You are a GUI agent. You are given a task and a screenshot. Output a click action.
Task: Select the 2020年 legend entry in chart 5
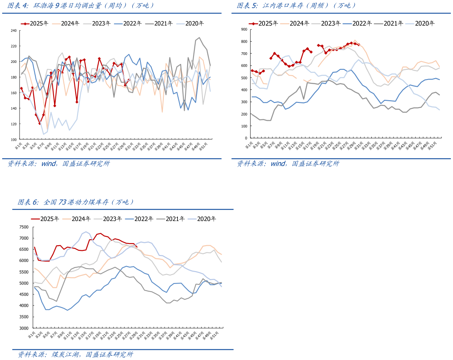[425, 24]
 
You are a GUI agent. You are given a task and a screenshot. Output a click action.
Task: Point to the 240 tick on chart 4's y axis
[13, 31]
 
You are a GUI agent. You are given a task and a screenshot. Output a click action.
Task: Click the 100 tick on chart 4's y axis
[13, 139]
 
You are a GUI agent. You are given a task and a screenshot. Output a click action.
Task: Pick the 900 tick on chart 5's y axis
[244, 29]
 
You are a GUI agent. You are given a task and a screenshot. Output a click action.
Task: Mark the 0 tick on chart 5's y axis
[246, 139]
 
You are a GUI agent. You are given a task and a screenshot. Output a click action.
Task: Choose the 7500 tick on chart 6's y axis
[23, 227]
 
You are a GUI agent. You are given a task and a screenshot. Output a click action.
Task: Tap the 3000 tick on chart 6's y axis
[23, 329]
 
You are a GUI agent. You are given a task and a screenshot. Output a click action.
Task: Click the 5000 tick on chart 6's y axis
[23, 283]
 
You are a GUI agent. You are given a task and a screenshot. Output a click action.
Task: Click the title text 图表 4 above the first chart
[18, 6]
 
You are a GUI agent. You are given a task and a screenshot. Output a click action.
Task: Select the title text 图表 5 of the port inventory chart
[247, 6]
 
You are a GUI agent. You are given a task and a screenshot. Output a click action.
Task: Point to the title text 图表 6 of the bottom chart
[28, 202]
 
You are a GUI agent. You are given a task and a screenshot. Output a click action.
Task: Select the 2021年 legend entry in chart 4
[162, 24]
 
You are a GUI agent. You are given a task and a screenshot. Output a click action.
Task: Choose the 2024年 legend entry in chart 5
[299, 24]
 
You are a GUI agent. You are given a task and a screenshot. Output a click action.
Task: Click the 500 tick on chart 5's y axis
[244, 78]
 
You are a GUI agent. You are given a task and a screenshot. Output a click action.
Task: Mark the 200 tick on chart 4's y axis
[13, 62]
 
